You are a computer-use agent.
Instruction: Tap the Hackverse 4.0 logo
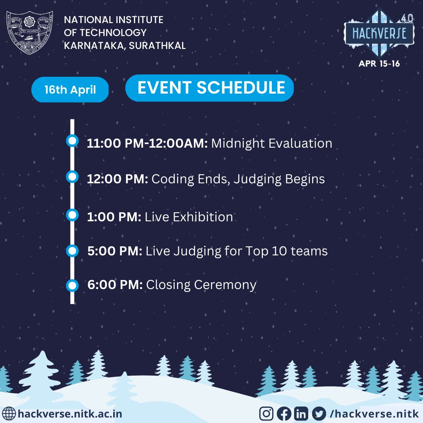[379, 34]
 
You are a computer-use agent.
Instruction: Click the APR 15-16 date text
[379, 63]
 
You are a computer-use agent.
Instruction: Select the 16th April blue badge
[70, 90]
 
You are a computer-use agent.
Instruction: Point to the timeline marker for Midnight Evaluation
[72, 141]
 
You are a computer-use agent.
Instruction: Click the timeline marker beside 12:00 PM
[72, 177]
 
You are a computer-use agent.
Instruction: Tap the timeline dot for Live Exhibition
[72, 215]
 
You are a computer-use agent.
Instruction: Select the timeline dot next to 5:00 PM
[72, 250]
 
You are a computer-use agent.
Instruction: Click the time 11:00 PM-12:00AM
[147, 143]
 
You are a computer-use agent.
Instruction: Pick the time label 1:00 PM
[114, 217]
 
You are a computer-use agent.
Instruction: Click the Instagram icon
[267, 413]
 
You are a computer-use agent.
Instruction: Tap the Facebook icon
[284, 413]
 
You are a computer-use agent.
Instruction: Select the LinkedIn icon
[301, 413]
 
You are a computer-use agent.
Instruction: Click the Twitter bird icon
[319, 413]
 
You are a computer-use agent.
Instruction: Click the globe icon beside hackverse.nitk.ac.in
[9, 413]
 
